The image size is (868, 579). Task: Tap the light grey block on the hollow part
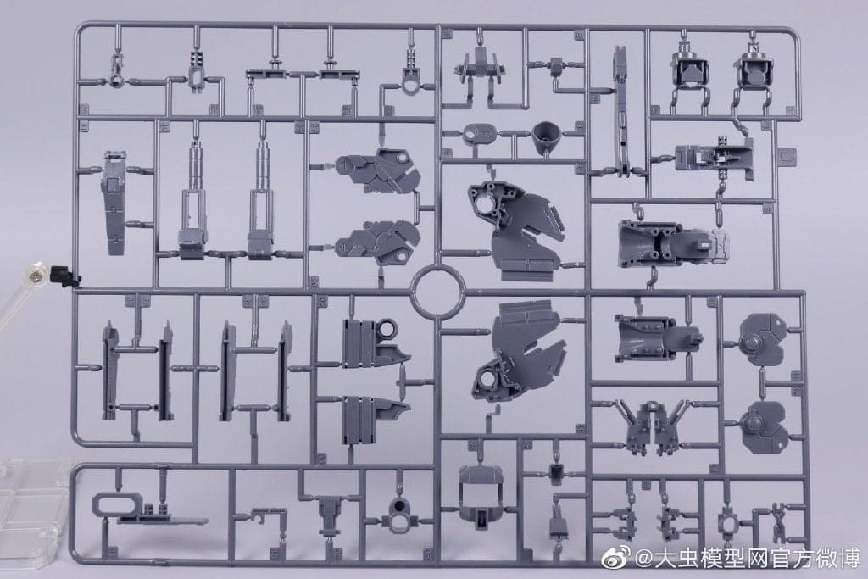(721, 242)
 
